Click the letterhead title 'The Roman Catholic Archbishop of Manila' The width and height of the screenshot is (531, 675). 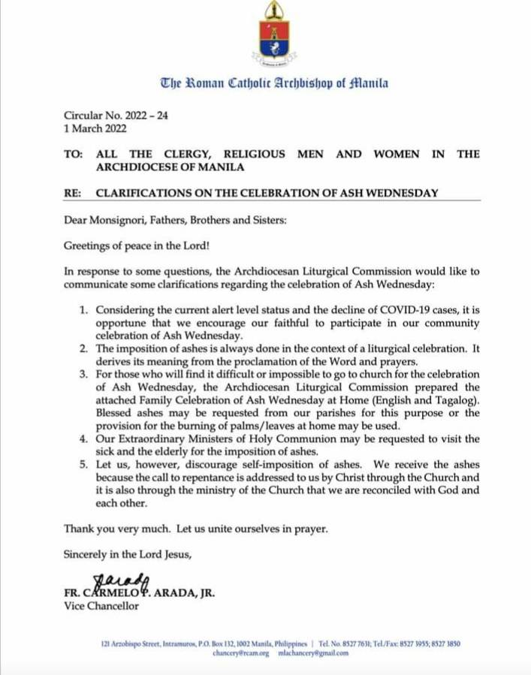click(x=273, y=83)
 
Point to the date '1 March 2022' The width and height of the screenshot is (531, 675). click(x=95, y=129)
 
